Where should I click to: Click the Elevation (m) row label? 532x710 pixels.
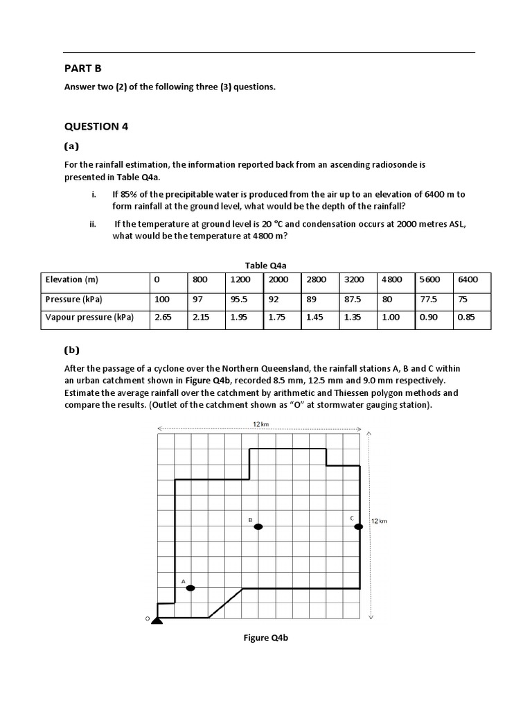pos(72,280)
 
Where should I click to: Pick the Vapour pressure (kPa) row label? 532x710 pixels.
pos(89,318)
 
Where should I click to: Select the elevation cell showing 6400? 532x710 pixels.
pos(468,280)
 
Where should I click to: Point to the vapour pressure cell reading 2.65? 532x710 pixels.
pos(163,318)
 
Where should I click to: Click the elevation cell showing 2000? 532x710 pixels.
pos(277,280)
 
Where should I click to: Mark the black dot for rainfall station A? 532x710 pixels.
pos(190,588)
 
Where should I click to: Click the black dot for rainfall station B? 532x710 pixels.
pos(258,527)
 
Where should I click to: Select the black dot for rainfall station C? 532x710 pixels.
pos(359,527)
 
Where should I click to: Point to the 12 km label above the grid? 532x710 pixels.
pos(260,423)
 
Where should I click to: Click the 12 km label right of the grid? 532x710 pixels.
pos(379,521)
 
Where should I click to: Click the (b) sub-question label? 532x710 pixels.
pos(71,350)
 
